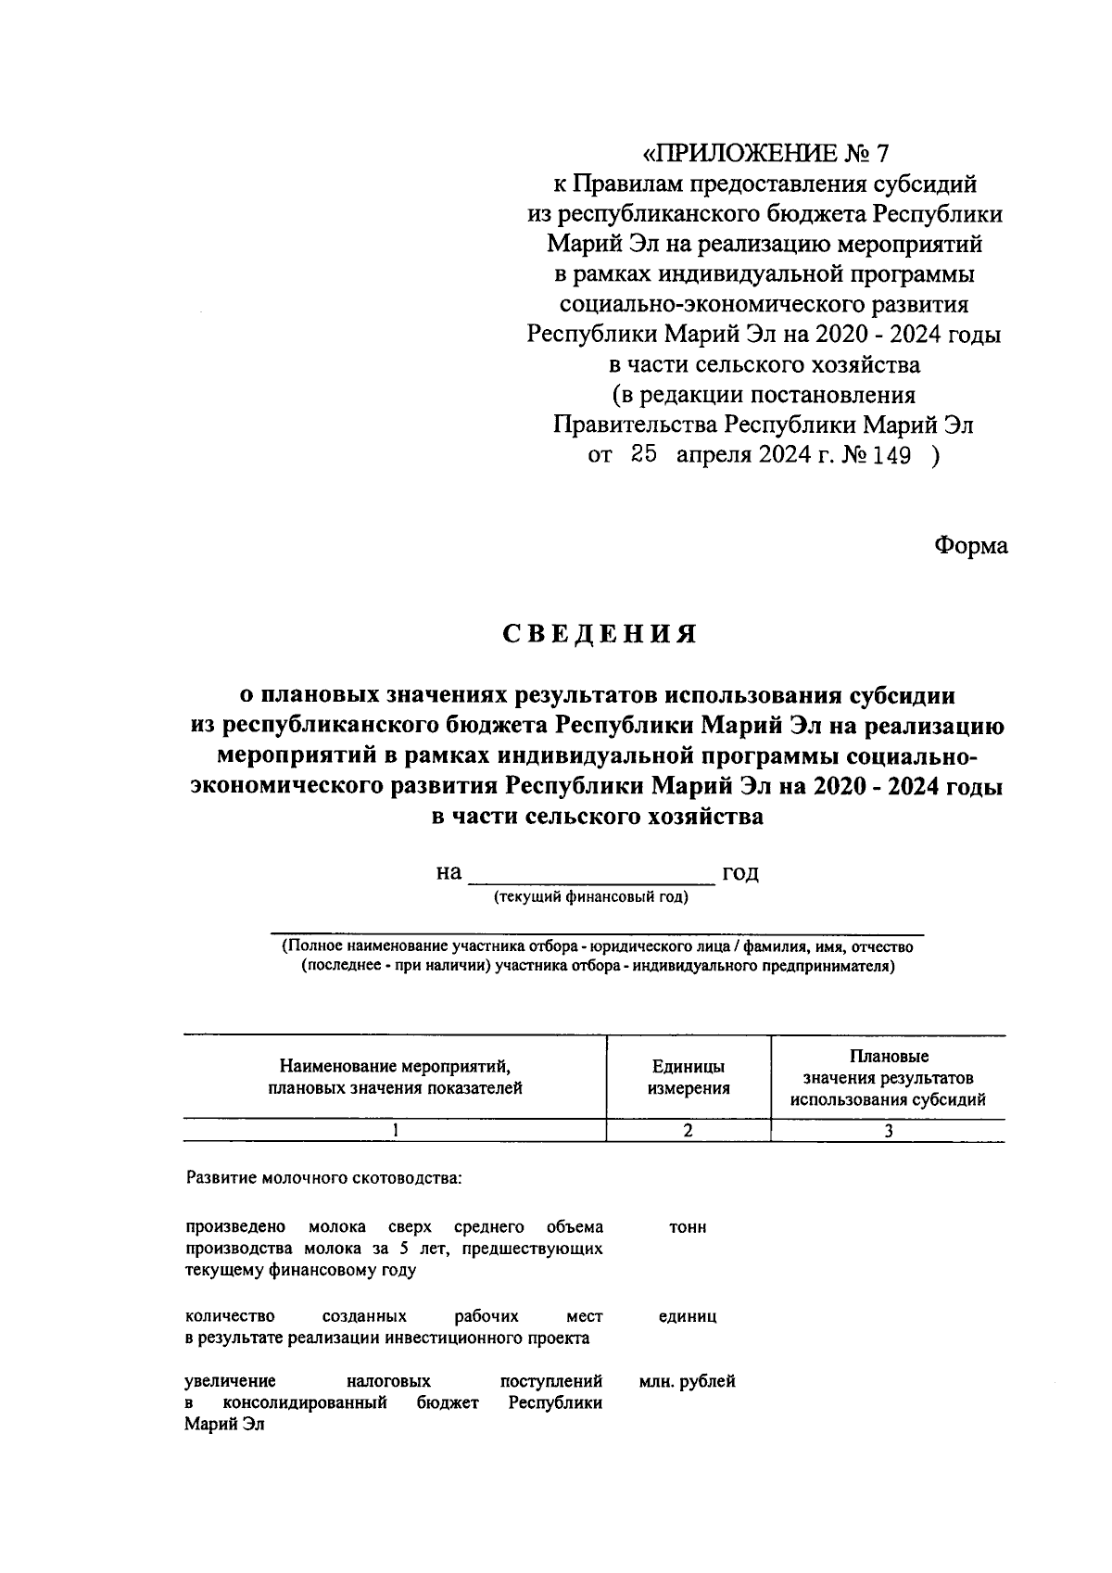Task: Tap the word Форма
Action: (970, 546)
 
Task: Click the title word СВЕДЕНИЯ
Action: (599, 635)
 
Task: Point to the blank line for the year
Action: (591, 875)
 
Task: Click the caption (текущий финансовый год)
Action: (591, 897)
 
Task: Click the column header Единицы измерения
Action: (689, 1077)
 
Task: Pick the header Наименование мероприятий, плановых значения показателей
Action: (395, 1077)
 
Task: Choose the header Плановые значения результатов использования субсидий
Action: (888, 1078)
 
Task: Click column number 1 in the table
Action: (396, 1130)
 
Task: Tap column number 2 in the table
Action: (688, 1130)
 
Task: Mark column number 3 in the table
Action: (888, 1130)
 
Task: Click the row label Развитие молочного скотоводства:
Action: (323, 1180)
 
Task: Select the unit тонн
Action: (688, 1227)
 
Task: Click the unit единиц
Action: (688, 1316)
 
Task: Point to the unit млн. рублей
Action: (688, 1382)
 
